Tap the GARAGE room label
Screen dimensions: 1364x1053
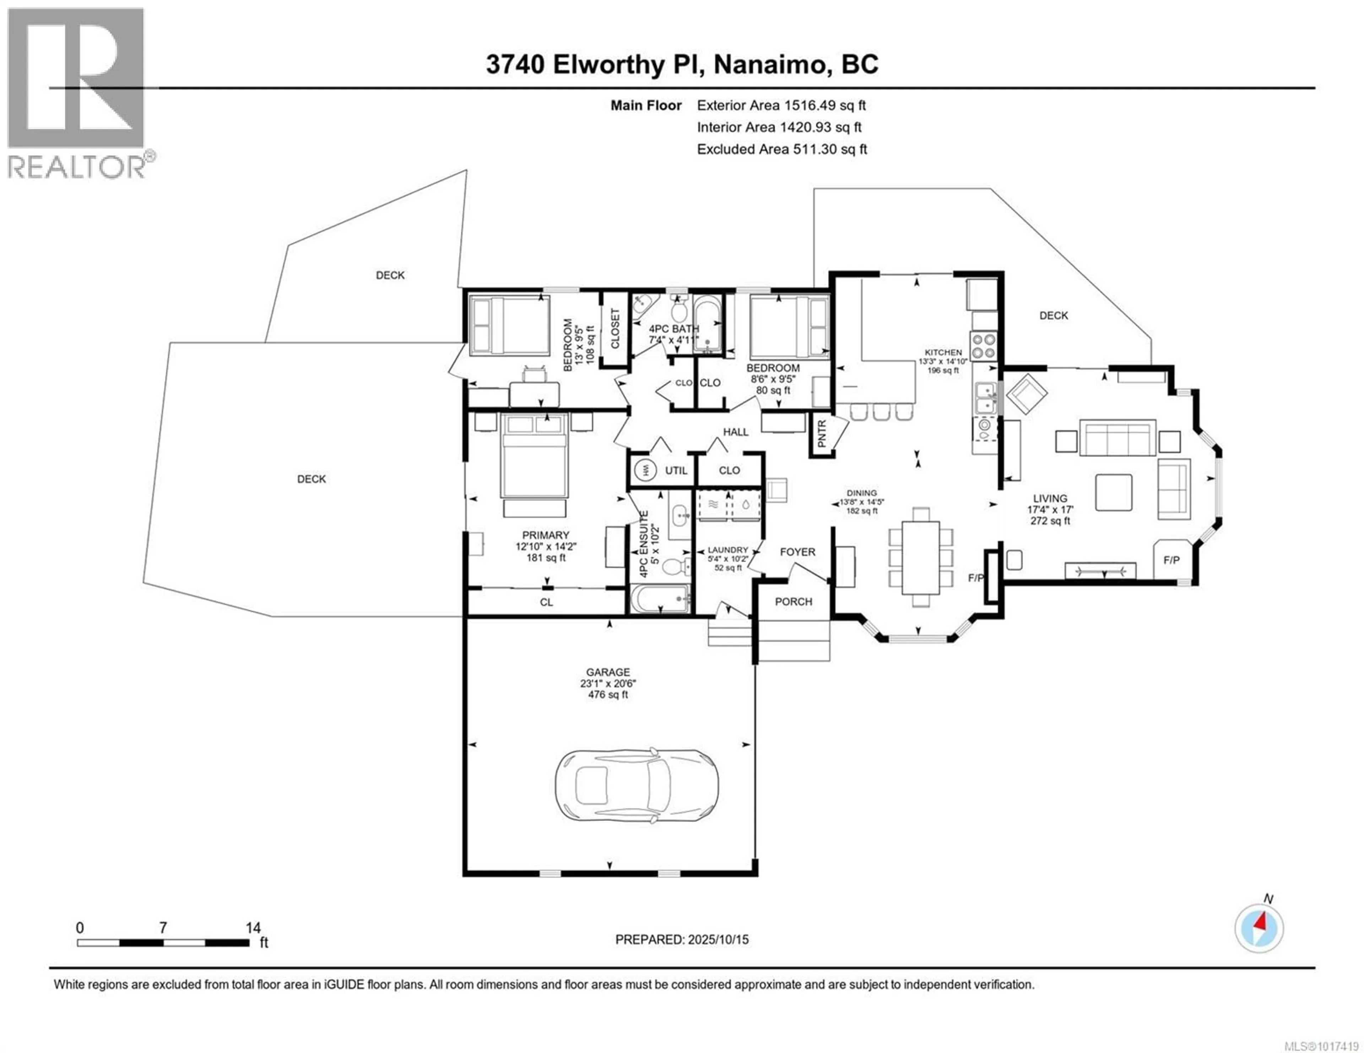(x=608, y=672)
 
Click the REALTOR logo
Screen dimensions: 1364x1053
(x=77, y=94)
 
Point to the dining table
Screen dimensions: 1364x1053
(x=921, y=558)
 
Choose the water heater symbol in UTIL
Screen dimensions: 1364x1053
(x=645, y=470)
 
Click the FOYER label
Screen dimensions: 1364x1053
(x=797, y=552)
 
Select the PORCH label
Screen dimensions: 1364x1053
(x=793, y=602)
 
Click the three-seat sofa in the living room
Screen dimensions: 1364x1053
(x=1117, y=438)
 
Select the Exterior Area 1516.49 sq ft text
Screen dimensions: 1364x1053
(x=781, y=105)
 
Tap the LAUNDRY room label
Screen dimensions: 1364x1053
(x=727, y=550)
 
